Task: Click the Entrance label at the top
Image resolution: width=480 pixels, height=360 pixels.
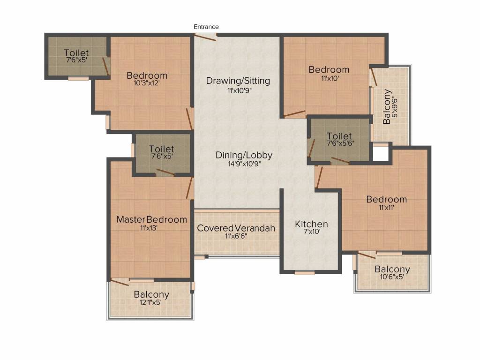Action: click(206, 27)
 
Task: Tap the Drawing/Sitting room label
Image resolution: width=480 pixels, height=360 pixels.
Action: click(238, 81)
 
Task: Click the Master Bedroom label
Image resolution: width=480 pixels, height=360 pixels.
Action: click(151, 219)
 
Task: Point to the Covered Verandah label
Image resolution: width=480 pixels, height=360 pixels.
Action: click(236, 228)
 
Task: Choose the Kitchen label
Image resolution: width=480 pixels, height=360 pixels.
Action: click(311, 224)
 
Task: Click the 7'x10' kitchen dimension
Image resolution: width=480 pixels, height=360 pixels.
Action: click(311, 232)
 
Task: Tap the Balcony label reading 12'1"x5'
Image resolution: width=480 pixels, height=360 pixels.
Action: click(151, 295)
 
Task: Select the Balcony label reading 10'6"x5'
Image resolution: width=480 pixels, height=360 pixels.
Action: click(392, 270)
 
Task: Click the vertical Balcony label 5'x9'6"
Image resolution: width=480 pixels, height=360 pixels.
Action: click(387, 106)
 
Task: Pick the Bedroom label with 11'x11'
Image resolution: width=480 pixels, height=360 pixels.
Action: click(386, 199)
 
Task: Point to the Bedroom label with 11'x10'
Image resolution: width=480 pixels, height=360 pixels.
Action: click(329, 70)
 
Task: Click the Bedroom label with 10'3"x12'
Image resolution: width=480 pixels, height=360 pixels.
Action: click(147, 75)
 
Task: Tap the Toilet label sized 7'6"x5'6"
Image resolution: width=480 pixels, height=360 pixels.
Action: click(339, 136)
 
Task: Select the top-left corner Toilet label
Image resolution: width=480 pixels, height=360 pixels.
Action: click(76, 53)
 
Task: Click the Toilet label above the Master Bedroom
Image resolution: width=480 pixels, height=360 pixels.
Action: click(162, 149)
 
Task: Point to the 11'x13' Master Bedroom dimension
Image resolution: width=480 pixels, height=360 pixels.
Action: click(151, 228)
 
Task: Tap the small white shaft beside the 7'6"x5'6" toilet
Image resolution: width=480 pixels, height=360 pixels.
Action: click(381, 155)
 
